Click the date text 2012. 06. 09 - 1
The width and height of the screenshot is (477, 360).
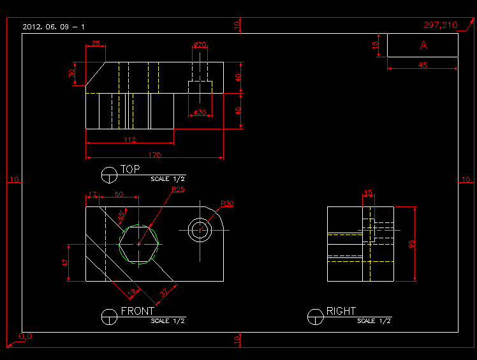[54, 27]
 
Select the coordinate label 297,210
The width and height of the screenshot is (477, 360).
[441, 25]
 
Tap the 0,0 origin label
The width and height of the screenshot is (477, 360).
[26, 336]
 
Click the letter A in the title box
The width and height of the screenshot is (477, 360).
[423, 45]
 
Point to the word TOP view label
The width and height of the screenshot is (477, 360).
[130, 169]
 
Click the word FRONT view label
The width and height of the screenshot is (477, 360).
[138, 311]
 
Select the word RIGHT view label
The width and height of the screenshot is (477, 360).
[341, 311]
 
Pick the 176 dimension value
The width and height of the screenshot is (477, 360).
[154, 155]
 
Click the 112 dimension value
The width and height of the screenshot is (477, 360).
[130, 140]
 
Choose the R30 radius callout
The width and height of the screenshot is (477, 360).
[227, 204]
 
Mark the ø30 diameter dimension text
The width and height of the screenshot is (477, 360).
[200, 112]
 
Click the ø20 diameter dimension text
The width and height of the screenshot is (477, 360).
[200, 45]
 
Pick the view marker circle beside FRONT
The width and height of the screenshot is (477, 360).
[109, 316]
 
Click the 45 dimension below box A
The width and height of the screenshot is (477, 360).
[423, 65]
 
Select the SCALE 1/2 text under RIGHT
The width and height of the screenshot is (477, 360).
[374, 321]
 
